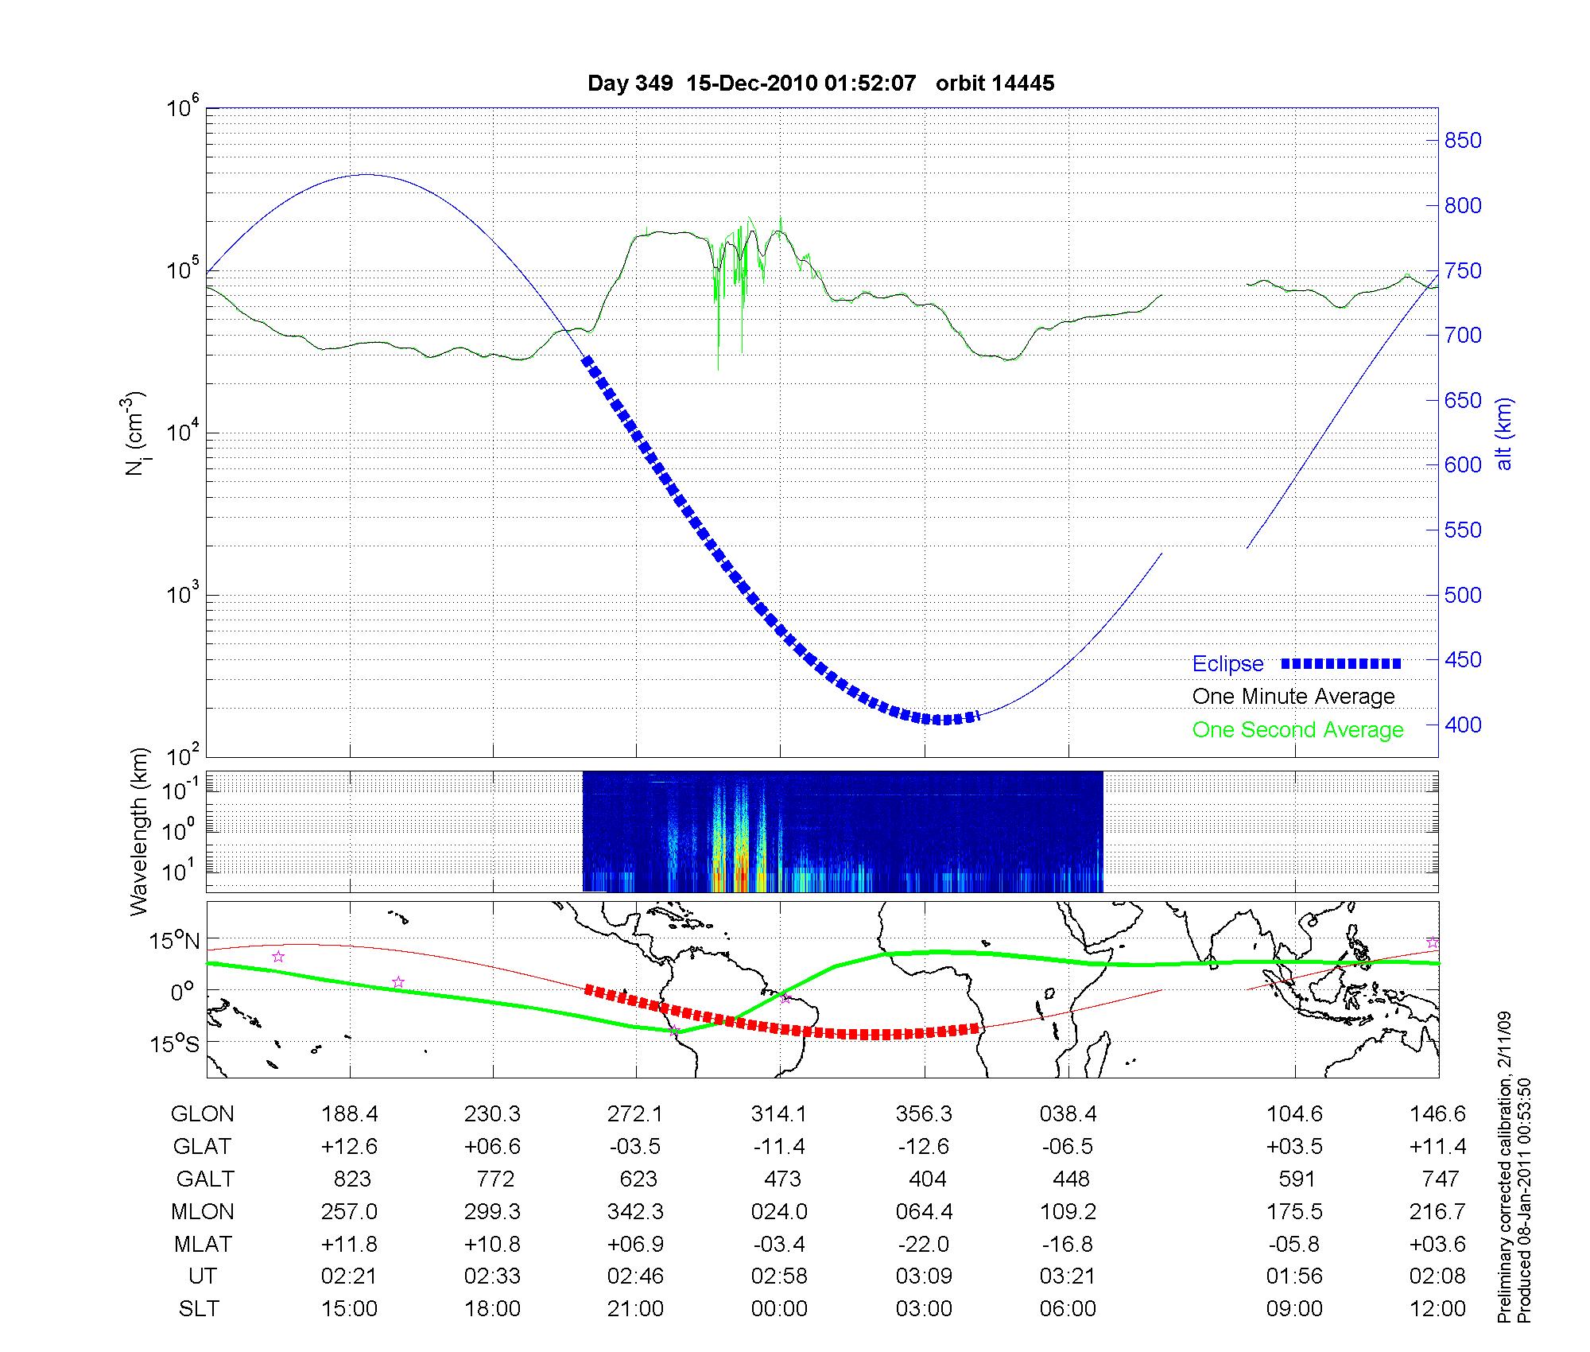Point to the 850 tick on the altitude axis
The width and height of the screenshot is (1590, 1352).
(1463, 141)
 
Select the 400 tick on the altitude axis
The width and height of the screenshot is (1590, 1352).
(1463, 725)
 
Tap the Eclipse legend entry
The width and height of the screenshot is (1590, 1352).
(1227, 664)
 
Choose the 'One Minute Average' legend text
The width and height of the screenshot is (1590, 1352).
(1293, 697)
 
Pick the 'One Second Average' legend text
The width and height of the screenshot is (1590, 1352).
(1297, 730)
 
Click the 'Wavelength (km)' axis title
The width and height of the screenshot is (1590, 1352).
(140, 831)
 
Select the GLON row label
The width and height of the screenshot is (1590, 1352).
(202, 1114)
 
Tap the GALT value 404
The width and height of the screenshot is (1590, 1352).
(927, 1179)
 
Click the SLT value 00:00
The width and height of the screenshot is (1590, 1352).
(779, 1309)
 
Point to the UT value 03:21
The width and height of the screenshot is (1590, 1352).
(1068, 1276)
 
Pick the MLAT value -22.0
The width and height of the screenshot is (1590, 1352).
(925, 1244)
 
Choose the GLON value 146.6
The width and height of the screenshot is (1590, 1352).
(1437, 1114)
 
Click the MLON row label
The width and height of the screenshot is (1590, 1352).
(202, 1212)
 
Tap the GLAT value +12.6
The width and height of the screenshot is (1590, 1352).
(349, 1147)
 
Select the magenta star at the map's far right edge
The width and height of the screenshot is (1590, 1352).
(1433, 942)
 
